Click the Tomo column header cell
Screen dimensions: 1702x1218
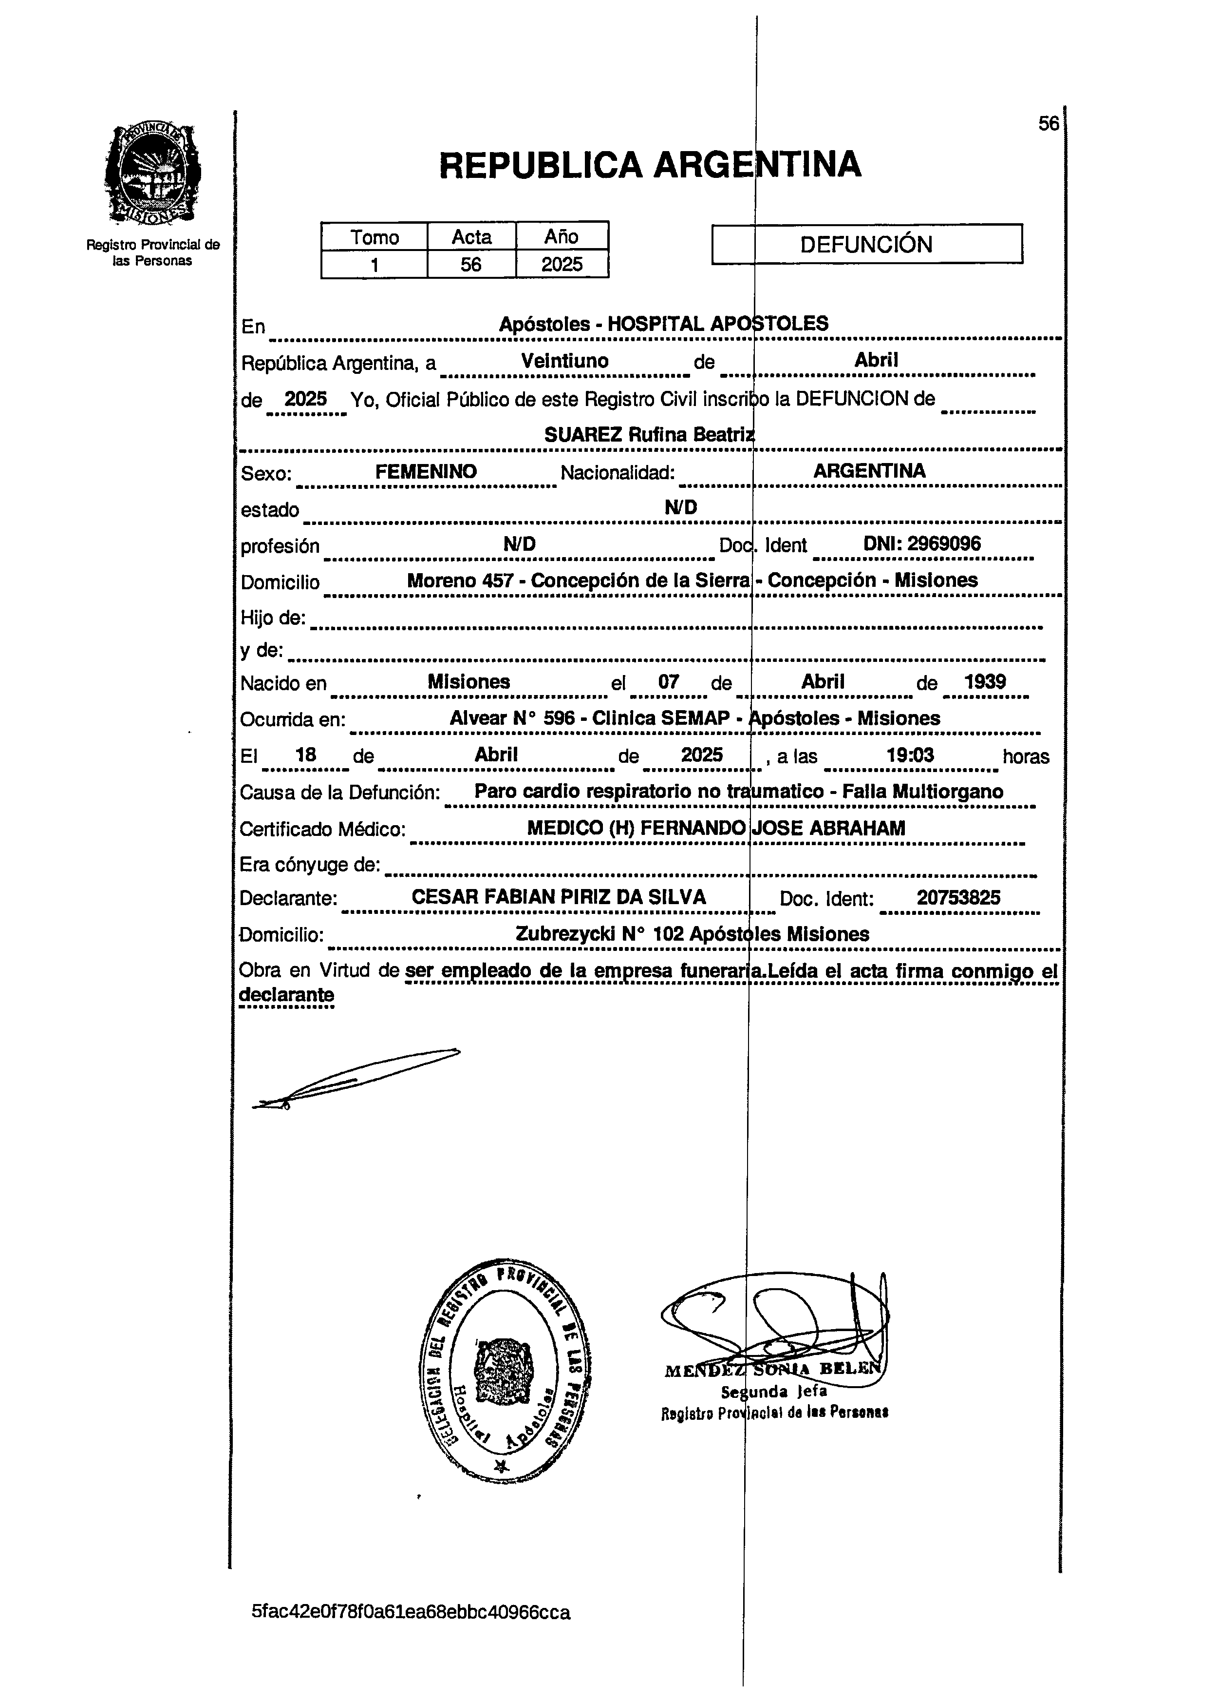pos(374,237)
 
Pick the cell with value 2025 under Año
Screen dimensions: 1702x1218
pos(562,264)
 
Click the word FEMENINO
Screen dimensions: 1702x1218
pos(426,471)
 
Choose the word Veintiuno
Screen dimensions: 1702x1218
pos(565,361)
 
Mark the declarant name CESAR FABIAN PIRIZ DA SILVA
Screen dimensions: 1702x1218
pos(559,897)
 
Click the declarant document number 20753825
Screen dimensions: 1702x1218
pos(958,897)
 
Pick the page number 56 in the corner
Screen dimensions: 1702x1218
pos(1048,124)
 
